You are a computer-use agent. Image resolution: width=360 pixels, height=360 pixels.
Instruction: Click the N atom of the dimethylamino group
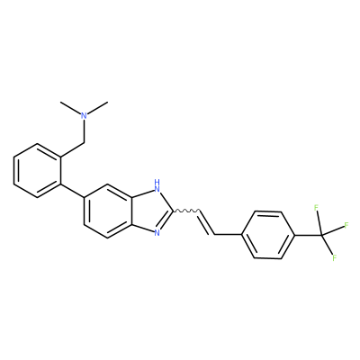click(85, 116)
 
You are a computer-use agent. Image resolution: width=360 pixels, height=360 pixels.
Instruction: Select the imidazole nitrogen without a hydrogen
click(157, 232)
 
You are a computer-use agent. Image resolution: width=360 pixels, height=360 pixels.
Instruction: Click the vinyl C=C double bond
click(207, 222)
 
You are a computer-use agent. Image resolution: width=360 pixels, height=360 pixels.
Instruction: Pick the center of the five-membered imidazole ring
click(150, 211)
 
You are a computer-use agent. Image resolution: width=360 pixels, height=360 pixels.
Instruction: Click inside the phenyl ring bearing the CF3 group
click(268, 235)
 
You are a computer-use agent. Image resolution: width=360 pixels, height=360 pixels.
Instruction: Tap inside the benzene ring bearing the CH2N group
click(38, 171)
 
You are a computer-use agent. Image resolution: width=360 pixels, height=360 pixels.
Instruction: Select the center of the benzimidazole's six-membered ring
click(108, 211)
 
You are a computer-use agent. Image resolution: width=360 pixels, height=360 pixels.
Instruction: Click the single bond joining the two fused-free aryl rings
click(73, 191)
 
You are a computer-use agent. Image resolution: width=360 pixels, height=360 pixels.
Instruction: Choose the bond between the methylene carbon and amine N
click(85, 131)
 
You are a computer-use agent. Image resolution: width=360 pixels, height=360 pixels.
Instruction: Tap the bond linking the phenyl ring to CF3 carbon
click(309, 235)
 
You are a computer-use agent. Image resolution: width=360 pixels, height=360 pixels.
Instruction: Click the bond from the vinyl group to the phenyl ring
click(229, 235)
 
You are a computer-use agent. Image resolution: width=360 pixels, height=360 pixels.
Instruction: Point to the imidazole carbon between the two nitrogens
click(173, 211)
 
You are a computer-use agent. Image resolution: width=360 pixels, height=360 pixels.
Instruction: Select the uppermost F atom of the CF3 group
click(316, 208)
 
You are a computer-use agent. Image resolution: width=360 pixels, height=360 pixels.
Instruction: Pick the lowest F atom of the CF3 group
click(335, 257)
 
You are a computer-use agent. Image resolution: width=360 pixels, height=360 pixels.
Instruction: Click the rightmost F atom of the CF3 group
click(346, 225)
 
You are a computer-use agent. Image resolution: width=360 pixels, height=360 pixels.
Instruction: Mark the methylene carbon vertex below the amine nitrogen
click(85, 143)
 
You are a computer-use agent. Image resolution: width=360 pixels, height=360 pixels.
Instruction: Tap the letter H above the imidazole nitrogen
click(157, 182)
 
